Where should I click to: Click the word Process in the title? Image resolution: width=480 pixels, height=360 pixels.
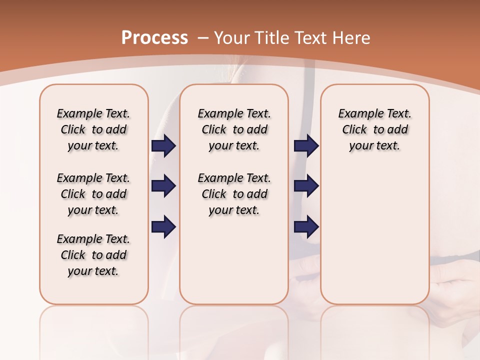click(x=154, y=37)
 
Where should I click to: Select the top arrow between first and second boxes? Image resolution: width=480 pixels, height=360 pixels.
click(x=163, y=145)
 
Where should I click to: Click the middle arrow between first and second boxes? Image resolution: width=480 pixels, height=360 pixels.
click(x=163, y=186)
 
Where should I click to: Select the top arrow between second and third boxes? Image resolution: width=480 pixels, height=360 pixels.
click(x=306, y=145)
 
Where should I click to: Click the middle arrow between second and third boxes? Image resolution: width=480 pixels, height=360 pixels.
click(x=306, y=186)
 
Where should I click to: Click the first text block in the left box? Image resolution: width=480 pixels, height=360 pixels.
click(x=93, y=129)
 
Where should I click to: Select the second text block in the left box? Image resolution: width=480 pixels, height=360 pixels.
click(x=93, y=194)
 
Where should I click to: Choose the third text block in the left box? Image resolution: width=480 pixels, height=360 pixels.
click(x=93, y=255)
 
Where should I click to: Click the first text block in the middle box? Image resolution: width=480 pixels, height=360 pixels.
click(x=234, y=129)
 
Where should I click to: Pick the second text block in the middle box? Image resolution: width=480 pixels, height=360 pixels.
click(x=234, y=194)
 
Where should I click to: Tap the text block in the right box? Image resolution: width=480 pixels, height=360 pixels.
click(x=374, y=129)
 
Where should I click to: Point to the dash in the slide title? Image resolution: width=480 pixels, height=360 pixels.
click(x=203, y=37)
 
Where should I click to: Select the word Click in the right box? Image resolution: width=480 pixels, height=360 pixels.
click(x=354, y=129)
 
